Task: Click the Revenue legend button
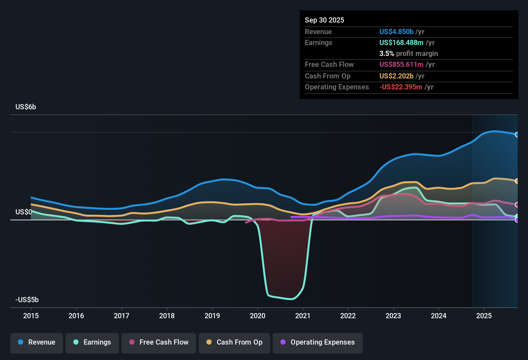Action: click(x=37, y=342)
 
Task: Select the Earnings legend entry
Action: click(x=92, y=342)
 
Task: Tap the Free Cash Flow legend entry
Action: click(x=159, y=342)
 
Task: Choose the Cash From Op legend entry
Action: click(x=234, y=342)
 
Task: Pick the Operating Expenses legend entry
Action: click(x=318, y=342)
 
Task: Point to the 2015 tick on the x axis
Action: click(x=31, y=316)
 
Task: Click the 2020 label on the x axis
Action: click(x=258, y=316)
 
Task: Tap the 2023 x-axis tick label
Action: click(x=393, y=316)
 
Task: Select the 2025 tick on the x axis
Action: click(x=484, y=316)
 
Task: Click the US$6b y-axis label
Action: click(x=26, y=107)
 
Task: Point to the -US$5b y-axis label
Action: click(x=27, y=300)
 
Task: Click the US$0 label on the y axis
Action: click(x=23, y=212)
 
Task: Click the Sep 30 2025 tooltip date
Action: click(x=324, y=20)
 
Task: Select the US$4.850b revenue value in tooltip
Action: click(x=396, y=32)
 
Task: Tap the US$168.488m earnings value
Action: click(x=401, y=42)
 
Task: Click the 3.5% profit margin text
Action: click(x=408, y=53)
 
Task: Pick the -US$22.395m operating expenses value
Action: click(x=401, y=87)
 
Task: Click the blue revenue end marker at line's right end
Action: click(x=517, y=135)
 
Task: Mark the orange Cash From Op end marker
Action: click(x=517, y=181)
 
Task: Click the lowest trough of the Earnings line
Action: click(x=291, y=299)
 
